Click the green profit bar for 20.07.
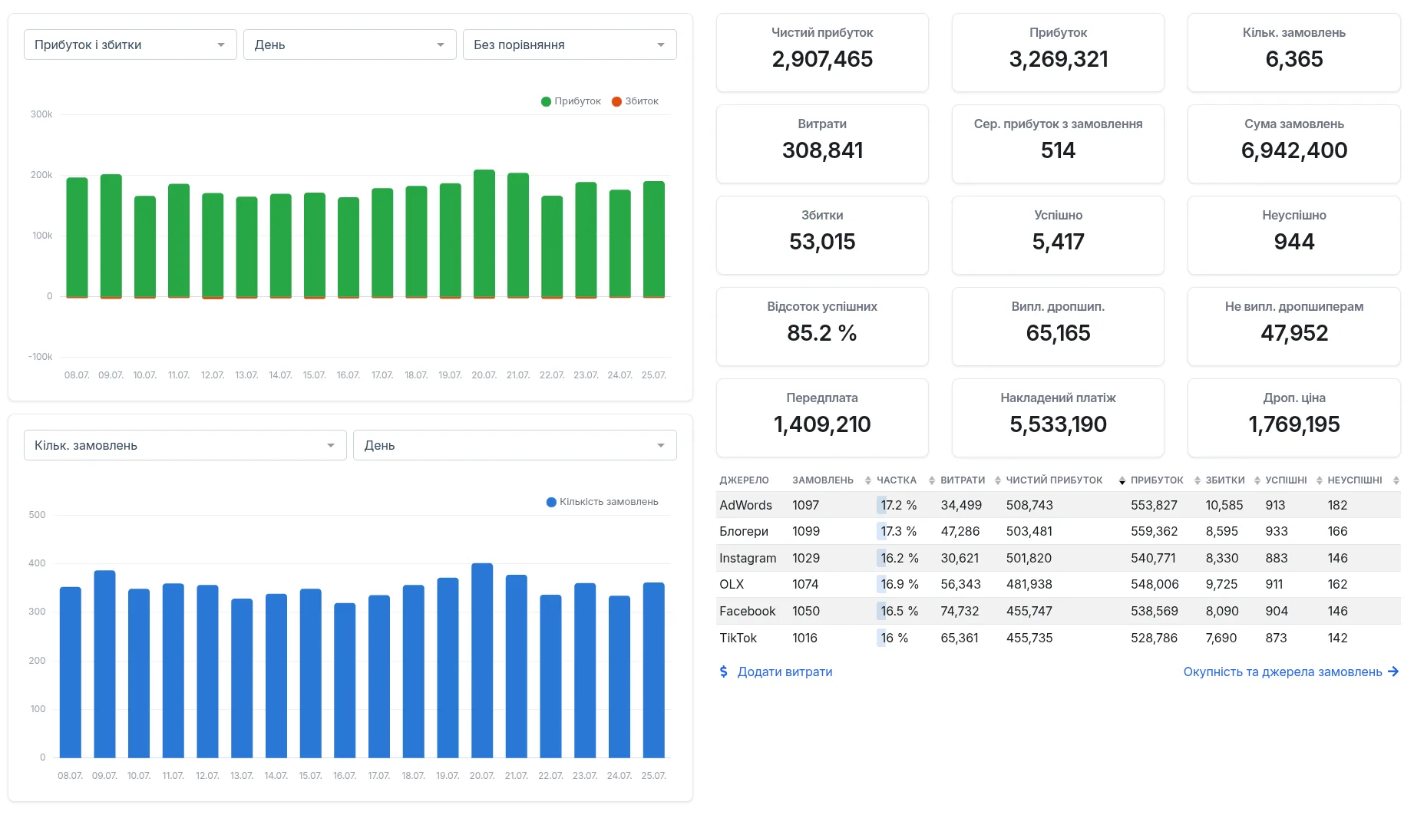(x=484, y=233)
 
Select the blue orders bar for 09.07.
(x=104, y=664)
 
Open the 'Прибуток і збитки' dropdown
(x=130, y=45)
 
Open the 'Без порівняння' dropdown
(x=570, y=45)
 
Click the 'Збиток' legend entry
(x=635, y=101)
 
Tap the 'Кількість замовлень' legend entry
(x=603, y=502)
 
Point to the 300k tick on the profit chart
(x=41, y=114)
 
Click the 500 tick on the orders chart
(x=37, y=515)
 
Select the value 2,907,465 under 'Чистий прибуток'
(x=822, y=59)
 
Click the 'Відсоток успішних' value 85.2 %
(x=822, y=333)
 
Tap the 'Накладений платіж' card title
(x=1058, y=398)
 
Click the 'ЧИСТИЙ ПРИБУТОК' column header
(x=1054, y=480)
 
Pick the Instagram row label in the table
(x=748, y=558)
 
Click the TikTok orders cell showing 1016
(x=804, y=638)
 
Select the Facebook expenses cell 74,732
(x=960, y=611)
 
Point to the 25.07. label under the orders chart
(x=653, y=776)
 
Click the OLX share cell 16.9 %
(x=900, y=584)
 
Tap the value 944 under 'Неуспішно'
(x=1294, y=242)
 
